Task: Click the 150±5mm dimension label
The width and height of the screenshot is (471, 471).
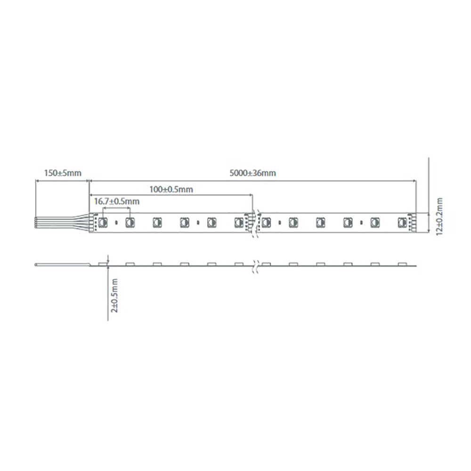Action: click(63, 173)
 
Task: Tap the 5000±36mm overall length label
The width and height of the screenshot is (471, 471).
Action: click(252, 173)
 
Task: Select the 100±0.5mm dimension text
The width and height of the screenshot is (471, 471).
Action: click(171, 190)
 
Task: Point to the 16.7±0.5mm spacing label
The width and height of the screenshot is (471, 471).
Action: click(117, 201)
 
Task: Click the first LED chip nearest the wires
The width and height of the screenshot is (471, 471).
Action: click(103, 221)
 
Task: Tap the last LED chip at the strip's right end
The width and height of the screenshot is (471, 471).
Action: click(402, 221)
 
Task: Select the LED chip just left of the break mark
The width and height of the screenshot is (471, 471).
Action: click(238, 221)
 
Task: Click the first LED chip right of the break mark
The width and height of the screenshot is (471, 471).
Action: click(267, 221)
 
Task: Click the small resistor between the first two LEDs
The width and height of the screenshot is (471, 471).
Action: click(116, 222)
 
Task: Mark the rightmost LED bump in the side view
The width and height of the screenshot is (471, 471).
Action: click(401, 263)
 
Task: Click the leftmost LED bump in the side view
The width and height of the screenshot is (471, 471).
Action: click(103, 263)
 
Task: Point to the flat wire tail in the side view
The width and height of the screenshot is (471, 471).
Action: click(64, 265)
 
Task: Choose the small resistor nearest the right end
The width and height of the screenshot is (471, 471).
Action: click(361, 222)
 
